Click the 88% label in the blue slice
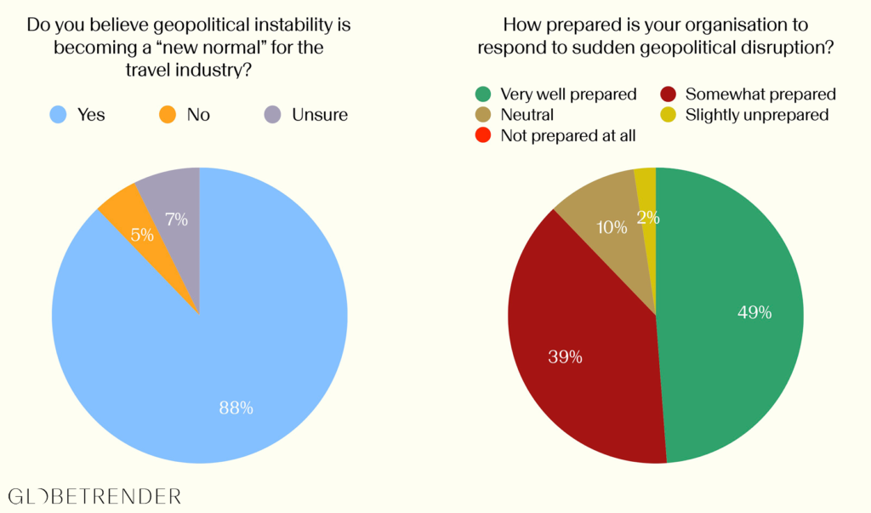click(x=236, y=408)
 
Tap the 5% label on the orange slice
click(x=142, y=235)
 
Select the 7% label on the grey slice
click(x=177, y=219)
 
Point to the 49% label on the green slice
click(x=754, y=312)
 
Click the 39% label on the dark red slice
click(x=564, y=356)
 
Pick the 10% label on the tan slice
click(x=612, y=227)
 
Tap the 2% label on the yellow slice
click(x=648, y=217)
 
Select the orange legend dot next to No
click(x=167, y=114)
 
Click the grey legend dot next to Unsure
click(x=272, y=114)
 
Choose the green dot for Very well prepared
click(x=481, y=94)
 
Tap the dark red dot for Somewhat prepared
click(x=667, y=94)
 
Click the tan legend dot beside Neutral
click(x=481, y=115)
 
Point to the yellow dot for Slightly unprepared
click(x=667, y=115)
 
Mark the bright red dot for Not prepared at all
click(x=481, y=135)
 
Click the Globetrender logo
click(x=94, y=495)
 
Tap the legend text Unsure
click(x=320, y=114)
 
